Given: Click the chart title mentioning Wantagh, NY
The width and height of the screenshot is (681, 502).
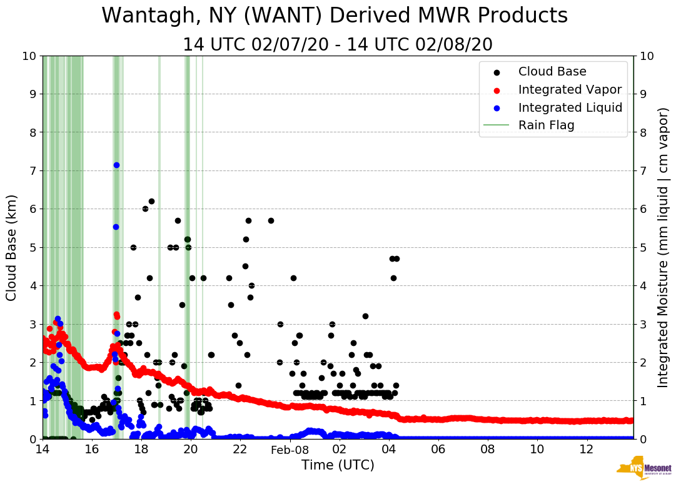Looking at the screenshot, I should pyautogui.click(x=335, y=16).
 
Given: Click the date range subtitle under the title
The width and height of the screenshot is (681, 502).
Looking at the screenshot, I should pyautogui.click(x=338, y=45).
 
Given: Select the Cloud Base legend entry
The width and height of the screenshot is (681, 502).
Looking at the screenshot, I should pyautogui.click(x=552, y=72).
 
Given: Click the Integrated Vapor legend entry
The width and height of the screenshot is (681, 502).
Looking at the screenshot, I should pyautogui.click(x=570, y=89).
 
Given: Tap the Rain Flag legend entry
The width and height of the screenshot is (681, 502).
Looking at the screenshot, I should pyautogui.click(x=546, y=125).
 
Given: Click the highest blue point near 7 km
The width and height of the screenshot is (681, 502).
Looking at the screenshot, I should pyautogui.click(x=116, y=165).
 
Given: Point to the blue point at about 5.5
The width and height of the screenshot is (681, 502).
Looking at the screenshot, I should pyautogui.click(x=116, y=227).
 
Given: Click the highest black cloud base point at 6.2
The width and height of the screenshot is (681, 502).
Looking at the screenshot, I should pyautogui.click(x=151, y=201).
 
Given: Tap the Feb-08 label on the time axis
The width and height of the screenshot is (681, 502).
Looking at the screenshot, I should pyautogui.click(x=290, y=450).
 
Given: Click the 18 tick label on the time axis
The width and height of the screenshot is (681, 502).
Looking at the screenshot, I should pyautogui.click(x=141, y=450).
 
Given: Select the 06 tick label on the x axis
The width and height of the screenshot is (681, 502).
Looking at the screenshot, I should pyautogui.click(x=438, y=450).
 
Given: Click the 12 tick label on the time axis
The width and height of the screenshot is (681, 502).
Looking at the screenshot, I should pyautogui.click(x=587, y=450).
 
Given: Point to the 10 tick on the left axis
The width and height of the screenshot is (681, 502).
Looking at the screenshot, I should pyautogui.click(x=29, y=56).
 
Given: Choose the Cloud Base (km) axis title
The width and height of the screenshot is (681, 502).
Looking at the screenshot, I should pyautogui.click(x=12, y=247).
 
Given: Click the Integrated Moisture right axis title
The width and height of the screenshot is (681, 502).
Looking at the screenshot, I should pyautogui.click(x=663, y=247).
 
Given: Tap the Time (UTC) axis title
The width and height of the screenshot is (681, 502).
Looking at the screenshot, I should pyautogui.click(x=338, y=465).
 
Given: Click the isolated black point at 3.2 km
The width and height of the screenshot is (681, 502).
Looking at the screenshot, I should pyautogui.click(x=365, y=316).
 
